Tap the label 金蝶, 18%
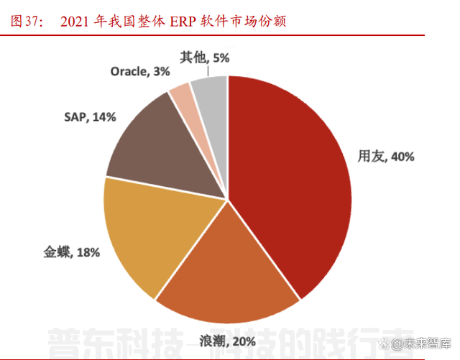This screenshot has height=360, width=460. (71, 251)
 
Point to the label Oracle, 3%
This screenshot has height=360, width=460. (140, 71)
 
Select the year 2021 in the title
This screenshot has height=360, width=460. (75, 22)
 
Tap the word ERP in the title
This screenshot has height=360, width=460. (183, 22)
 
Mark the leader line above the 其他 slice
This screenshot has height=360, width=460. (209, 70)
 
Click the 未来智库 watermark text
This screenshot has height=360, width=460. (427, 343)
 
